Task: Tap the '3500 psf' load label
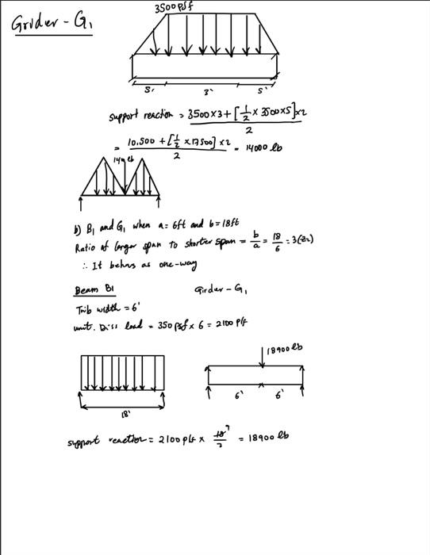[175, 8]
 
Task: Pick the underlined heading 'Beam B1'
[86, 290]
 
